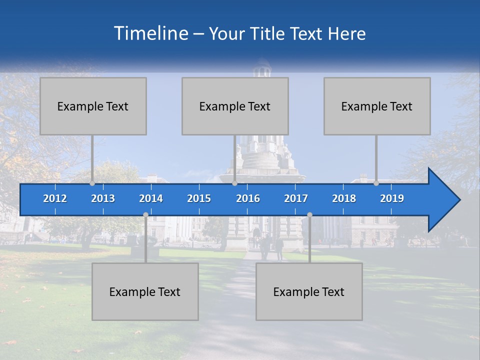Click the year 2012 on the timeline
[55, 198]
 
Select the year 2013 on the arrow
[103, 198]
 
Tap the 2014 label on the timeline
[151, 198]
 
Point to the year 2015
[199, 198]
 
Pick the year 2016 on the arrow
[248, 198]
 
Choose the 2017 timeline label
[296, 198]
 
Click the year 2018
[344, 198]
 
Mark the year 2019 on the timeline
[392, 198]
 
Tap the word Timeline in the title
[150, 33]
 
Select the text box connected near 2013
[93, 106]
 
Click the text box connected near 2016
[235, 106]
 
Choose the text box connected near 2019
[377, 106]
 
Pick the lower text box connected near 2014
[145, 291]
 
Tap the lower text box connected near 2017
[309, 291]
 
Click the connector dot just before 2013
[92, 183]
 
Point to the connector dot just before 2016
[234, 183]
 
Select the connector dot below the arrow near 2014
[145, 214]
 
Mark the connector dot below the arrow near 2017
[309, 214]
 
